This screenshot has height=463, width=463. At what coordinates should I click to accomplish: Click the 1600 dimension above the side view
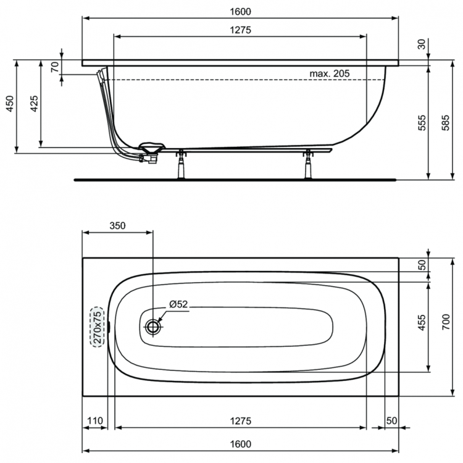coord(240,11)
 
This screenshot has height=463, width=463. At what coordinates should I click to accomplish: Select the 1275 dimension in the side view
coord(240,30)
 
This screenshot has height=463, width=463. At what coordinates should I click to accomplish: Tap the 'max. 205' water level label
coord(329,73)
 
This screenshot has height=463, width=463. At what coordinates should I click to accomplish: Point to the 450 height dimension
coord(10,104)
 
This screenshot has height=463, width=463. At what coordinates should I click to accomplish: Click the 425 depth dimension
coord(34,104)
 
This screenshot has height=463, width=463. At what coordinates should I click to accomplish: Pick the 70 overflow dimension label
coord(55,67)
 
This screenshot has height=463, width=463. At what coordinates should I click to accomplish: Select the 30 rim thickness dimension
coord(422,44)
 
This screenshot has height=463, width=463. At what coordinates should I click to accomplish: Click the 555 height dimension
coord(422,123)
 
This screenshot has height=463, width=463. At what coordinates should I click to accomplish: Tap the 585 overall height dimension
coord(445,123)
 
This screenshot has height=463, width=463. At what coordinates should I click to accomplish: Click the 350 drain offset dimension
coord(117,225)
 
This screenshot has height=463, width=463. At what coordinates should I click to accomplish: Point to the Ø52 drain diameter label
coord(178,304)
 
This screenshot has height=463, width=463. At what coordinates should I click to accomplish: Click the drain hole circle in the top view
coord(153,327)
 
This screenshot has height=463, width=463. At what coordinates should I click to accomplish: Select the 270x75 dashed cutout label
coord(98,327)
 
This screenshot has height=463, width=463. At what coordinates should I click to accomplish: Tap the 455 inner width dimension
coord(422,322)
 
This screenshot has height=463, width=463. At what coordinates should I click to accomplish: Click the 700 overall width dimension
coord(446,322)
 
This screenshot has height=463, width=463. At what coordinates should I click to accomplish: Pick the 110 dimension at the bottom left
coord(95,420)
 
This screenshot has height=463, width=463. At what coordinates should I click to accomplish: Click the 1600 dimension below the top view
coord(240,444)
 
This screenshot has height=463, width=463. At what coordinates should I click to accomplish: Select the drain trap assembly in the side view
coord(151,152)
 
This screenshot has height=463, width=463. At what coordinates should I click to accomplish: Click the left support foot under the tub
coord(181,164)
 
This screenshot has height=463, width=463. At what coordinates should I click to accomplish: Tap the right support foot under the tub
coord(308,164)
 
